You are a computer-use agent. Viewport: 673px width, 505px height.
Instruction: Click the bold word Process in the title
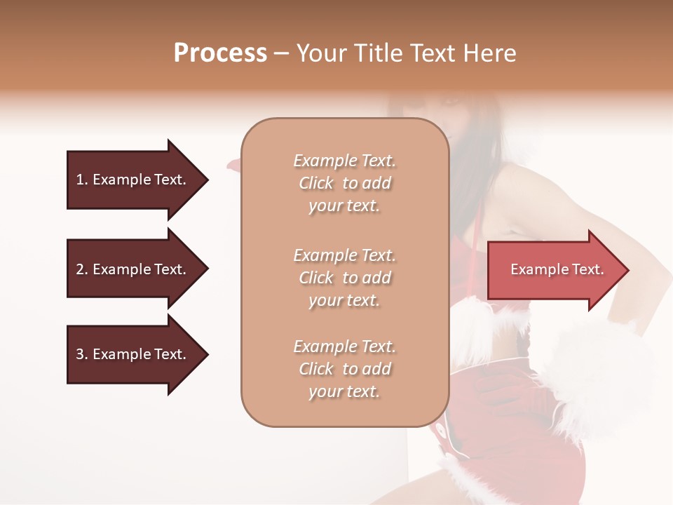point(220,53)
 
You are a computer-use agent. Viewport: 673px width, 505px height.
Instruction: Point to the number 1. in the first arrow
point(82,180)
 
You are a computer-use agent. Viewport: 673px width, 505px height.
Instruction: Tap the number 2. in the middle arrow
point(82,269)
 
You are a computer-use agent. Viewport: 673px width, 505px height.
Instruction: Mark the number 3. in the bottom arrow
point(82,354)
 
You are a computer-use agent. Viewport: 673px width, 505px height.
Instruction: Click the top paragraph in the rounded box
point(344,183)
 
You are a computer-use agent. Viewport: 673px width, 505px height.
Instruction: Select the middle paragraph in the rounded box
point(344,278)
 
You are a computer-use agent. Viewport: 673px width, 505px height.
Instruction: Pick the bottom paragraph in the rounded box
point(344,369)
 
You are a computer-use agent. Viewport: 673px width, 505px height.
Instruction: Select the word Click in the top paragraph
point(316,183)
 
